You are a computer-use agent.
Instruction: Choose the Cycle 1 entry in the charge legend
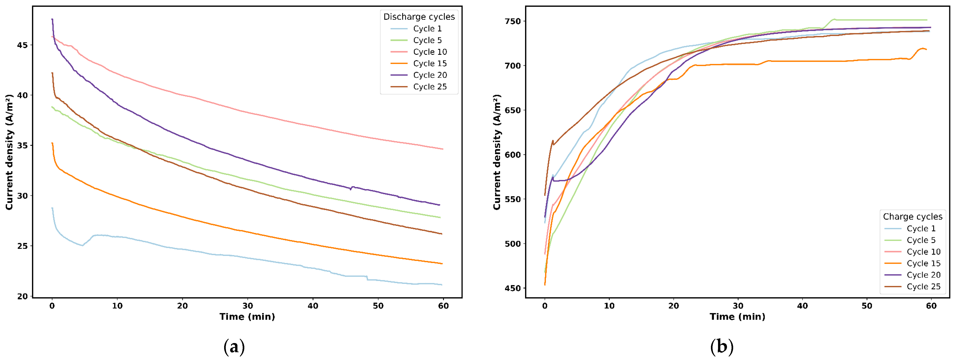coord(910,228)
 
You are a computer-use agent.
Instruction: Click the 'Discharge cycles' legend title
coord(419,17)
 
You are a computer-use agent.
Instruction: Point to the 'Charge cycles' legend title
coord(913,216)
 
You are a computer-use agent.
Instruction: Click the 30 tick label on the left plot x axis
coord(248,306)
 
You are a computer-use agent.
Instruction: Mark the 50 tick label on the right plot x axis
coord(867,306)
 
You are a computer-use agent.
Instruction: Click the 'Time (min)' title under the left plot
coord(247,317)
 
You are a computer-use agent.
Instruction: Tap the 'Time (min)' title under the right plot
coord(737,317)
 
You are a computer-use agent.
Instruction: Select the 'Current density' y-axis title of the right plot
coord(497,152)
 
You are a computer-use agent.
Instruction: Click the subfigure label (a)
coord(234,347)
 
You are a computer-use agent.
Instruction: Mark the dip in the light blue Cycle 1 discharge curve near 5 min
coord(82,245)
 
